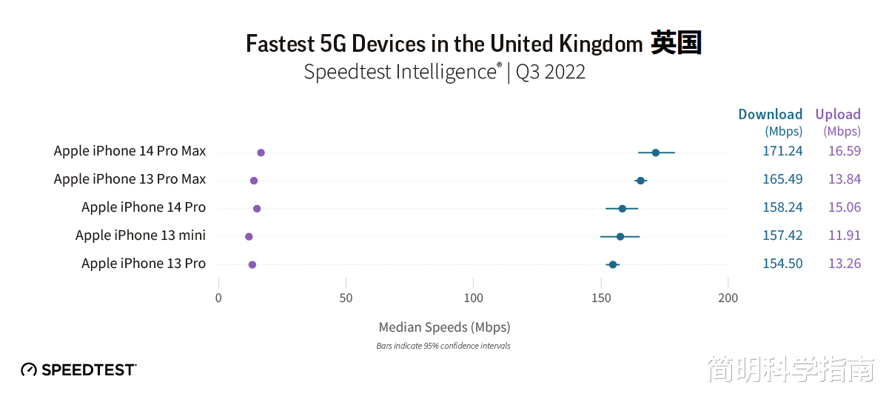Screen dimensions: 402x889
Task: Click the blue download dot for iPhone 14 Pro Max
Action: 656,153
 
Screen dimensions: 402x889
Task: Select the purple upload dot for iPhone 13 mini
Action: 249,237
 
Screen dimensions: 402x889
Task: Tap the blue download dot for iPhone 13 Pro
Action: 613,264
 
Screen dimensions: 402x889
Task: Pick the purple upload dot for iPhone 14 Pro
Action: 257,209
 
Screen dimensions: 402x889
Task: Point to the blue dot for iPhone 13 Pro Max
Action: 640,181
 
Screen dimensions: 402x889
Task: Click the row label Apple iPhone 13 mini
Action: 141,235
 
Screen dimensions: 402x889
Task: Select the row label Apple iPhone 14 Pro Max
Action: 130,151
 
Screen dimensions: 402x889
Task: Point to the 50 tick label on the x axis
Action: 346,298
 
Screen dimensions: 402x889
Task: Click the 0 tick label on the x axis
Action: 218,298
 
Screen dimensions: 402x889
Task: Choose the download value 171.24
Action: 782,151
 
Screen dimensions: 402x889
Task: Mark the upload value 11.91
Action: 845,235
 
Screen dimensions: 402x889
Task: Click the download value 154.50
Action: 782,264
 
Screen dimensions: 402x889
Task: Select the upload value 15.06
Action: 845,207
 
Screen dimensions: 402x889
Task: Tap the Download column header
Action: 770,114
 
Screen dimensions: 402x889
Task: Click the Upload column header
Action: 838,114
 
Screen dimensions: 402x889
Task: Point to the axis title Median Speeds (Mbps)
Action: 444,326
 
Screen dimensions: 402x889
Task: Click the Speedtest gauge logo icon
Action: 29,369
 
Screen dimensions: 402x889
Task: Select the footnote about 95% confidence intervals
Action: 443,346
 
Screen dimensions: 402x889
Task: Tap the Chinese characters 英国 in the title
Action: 676,44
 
